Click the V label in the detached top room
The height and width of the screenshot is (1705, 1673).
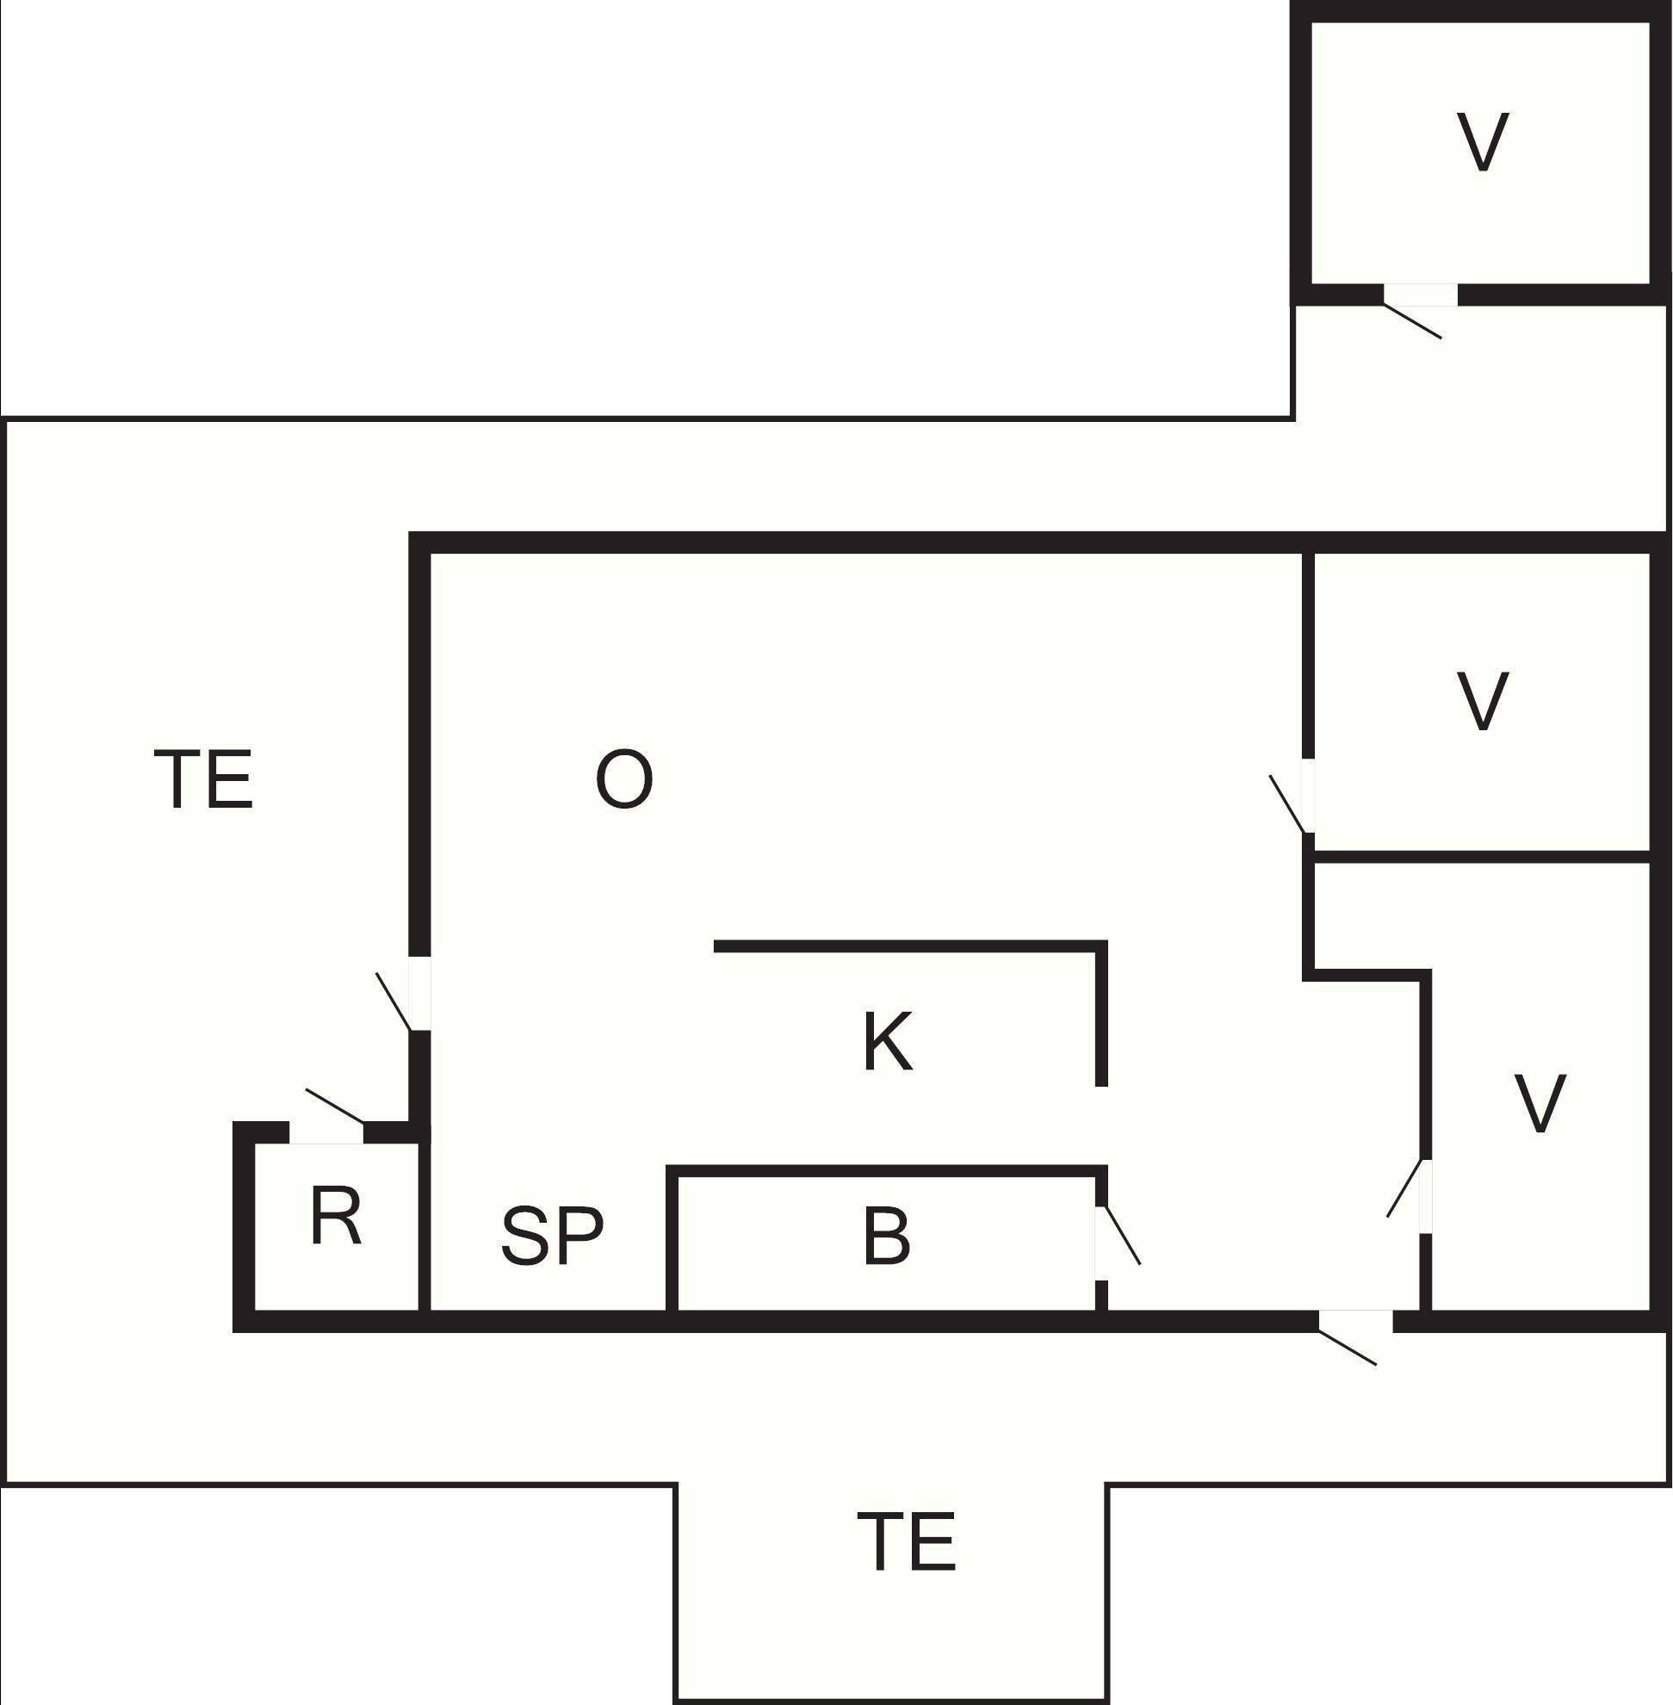coord(1483,141)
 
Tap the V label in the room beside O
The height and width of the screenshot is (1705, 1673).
coord(1483,700)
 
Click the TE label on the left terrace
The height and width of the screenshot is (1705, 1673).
coord(204,778)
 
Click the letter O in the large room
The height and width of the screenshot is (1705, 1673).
coord(624,779)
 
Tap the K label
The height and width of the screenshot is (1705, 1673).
coord(888,1041)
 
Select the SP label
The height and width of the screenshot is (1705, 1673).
coord(552,1236)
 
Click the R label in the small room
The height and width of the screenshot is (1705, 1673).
coord(336,1217)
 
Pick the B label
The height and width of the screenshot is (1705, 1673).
coord(887,1236)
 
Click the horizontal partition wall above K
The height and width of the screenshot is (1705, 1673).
coord(909,946)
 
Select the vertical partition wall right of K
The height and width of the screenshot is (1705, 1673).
coord(1101,1014)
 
